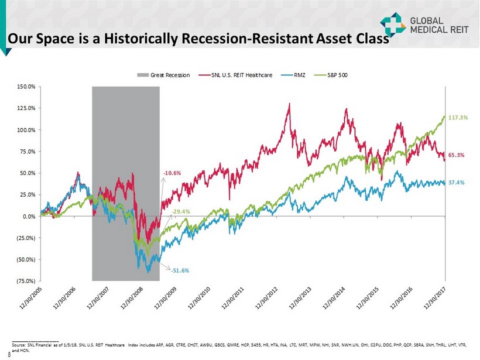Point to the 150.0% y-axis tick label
[26, 87]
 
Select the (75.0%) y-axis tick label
[26, 281]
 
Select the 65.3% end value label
[457, 155]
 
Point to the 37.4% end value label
[457, 182]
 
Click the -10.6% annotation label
[173, 173]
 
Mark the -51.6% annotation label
[179, 271]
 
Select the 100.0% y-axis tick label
[26, 130]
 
